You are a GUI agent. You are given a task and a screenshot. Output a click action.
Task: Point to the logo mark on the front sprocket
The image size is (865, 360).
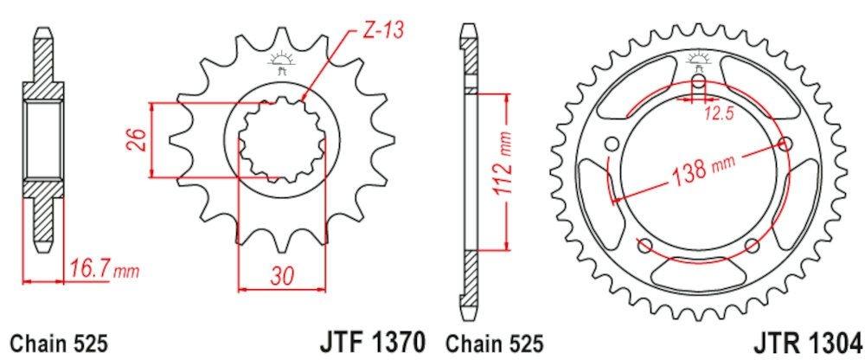[x=279, y=62]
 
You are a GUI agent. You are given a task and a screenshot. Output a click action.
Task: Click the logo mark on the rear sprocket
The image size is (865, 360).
[x=698, y=61]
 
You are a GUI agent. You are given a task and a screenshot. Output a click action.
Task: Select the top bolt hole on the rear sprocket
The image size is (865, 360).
[x=698, y=84]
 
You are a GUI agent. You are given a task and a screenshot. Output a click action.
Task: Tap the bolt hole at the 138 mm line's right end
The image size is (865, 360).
[x=785, y=144]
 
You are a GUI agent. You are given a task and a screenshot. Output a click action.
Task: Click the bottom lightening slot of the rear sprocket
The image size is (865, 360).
[x=699, y=276]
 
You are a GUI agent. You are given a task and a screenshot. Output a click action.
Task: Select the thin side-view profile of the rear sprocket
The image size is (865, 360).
[x=470, y=173]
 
